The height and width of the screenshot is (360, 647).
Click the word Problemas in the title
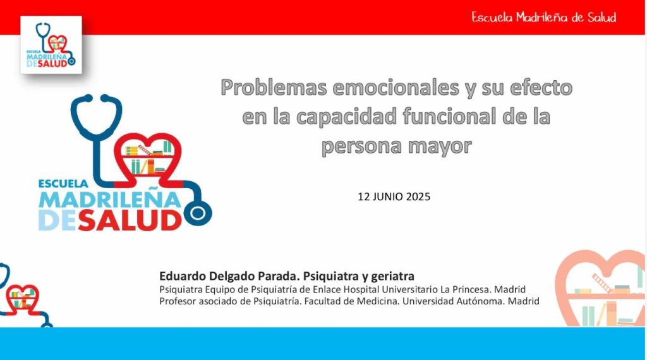(x=274, y=88)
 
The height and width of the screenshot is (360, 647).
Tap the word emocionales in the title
(x=396, y=87)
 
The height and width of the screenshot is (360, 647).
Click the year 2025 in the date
(x=418, y=196)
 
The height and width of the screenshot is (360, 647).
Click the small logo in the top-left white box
(x=51, y=45)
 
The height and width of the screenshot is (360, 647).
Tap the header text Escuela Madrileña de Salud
(x=544, y=17)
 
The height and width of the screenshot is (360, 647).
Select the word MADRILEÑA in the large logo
(x=110, y=200)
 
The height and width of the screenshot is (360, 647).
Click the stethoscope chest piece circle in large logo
(x=198, y=213)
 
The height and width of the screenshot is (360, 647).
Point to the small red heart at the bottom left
(x=22, y=297)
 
